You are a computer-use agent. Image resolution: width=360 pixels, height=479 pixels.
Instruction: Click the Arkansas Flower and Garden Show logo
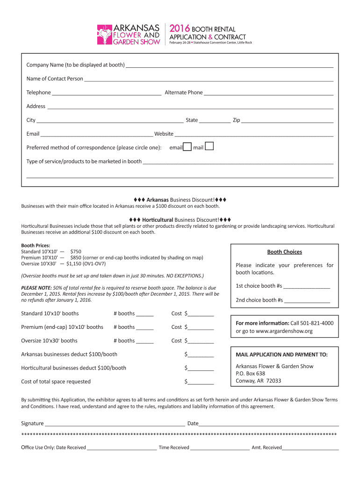coord(129,35)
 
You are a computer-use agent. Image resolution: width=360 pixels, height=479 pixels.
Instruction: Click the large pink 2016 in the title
coord(180,29)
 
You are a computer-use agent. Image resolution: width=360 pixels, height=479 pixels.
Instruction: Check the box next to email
coord(187,147)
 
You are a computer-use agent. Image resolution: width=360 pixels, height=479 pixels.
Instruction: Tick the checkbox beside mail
coord(209,146)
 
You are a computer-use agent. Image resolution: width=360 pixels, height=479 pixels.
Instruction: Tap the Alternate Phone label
coord(184,93)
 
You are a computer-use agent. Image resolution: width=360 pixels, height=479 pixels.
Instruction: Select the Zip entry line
coord(287,121)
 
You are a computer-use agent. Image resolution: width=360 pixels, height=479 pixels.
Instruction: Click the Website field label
coord(164,134)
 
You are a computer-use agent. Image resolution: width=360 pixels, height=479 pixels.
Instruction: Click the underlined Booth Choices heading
coord(284,252)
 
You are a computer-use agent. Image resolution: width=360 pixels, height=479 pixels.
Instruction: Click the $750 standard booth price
coord(76,252)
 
